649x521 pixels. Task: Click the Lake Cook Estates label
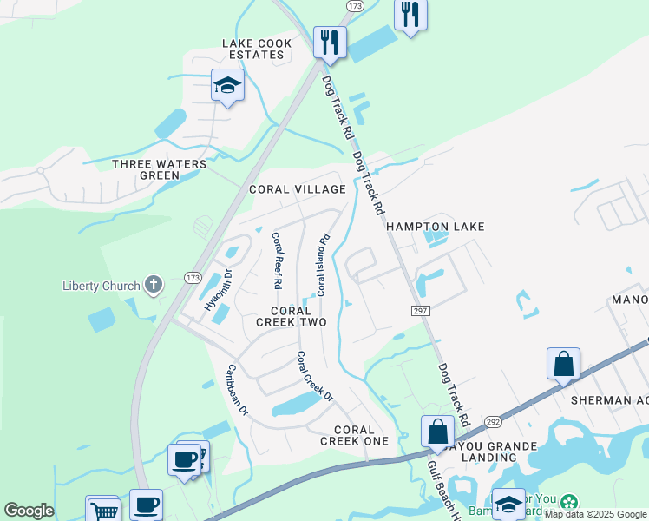pyautogui.click(x=253, y=49)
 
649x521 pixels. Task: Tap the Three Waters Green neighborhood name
pyautogui.click(x=160, y=169)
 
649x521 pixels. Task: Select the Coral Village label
pyautogui.click(x=298, y=189)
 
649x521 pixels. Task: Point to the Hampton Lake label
pyautogui.click(x=435, y=227)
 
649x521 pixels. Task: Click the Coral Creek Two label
pyautogui.click(x=291, y=316)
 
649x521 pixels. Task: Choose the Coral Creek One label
pyautogui.click(x=354, y=435)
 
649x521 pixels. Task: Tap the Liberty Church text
pyautogui.click(x=102, y=286)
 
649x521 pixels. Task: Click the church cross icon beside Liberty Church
pyautogui.click(x=154, y=284)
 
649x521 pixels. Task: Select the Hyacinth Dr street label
pyautogui.click(x=218, y=289)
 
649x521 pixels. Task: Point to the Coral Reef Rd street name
pyautogui.click(x=277, y=260)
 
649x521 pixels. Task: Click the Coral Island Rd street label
pyautogui.click(x=322, y=264)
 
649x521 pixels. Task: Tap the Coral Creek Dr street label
pyautogui.click(x=315, y=375)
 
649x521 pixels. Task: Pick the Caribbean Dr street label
pyautogui.click(x=237, y=388)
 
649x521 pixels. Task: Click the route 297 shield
pyautogui.click(x=419, y=310)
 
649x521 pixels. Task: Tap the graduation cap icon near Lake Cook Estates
pyautogui.click(x=227, y=85)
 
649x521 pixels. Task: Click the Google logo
pyautogui.click(x=29, y=511)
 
